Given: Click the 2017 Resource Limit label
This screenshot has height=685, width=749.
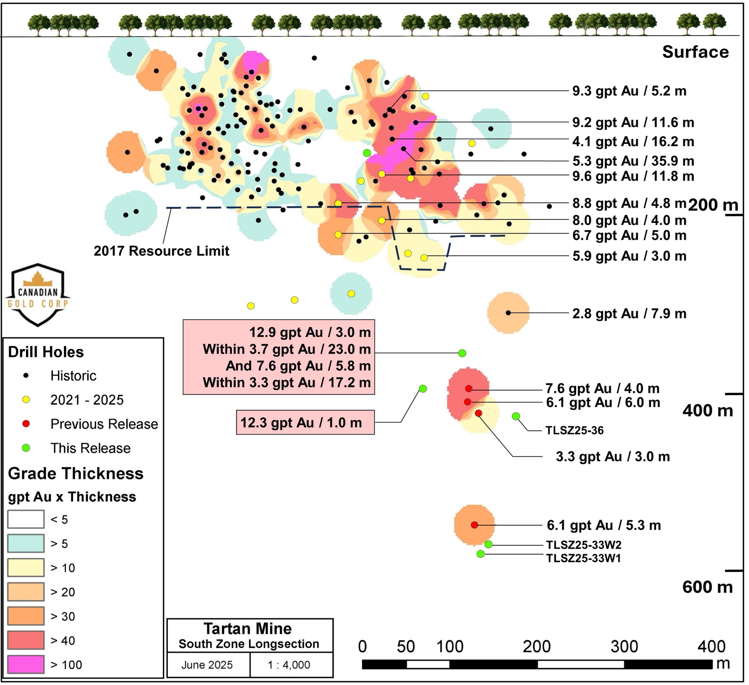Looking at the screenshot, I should point(161,251).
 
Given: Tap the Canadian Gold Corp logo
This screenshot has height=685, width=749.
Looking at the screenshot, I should point(38,295).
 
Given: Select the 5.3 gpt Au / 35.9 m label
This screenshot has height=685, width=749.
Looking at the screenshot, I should point(633,161).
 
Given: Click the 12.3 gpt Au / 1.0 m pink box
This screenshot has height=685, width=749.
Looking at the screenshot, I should point(306,422).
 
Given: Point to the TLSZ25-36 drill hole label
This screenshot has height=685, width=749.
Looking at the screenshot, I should point(574,431).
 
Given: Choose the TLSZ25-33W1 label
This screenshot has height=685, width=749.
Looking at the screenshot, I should point(583,558).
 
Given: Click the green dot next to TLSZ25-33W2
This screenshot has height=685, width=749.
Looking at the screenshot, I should point(489,544).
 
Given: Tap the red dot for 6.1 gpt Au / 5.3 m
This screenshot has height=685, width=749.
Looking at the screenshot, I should point(474,525).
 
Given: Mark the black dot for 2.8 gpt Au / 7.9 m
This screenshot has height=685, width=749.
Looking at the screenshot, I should point(508,313).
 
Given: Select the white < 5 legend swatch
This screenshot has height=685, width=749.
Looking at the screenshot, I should point(26,519).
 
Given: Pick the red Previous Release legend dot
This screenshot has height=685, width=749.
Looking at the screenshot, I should point(26,424).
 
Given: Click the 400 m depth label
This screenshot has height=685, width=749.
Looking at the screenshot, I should point(707,410).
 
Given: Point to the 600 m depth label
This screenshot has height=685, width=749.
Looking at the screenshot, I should point(707,587).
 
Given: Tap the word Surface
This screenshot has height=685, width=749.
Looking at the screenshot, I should point(695,52).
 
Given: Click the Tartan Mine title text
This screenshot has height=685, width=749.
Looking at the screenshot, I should point(248,628).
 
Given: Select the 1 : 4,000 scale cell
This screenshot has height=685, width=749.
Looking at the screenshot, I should point(289,665).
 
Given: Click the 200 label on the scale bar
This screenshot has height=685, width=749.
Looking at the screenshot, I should point(536,647).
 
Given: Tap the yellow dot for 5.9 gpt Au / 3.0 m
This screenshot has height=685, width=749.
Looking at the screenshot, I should point(424,257).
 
